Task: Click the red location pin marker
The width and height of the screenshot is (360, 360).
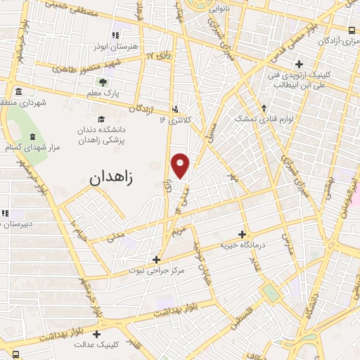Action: pos(181,165)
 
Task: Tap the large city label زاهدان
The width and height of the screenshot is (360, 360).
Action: pos(120,178)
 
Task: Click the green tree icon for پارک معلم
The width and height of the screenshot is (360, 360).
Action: pos(104,82)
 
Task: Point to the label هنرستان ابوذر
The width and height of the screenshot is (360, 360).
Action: pos(113,48)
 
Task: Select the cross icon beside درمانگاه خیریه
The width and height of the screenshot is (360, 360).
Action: pos(242,234)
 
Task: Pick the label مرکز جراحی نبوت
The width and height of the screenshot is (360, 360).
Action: pos(155,270)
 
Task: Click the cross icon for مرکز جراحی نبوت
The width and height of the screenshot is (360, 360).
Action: pos(156,259)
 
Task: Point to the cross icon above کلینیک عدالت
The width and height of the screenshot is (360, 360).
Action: pos(96,334)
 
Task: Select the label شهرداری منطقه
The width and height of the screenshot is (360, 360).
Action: pos(22,103)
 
